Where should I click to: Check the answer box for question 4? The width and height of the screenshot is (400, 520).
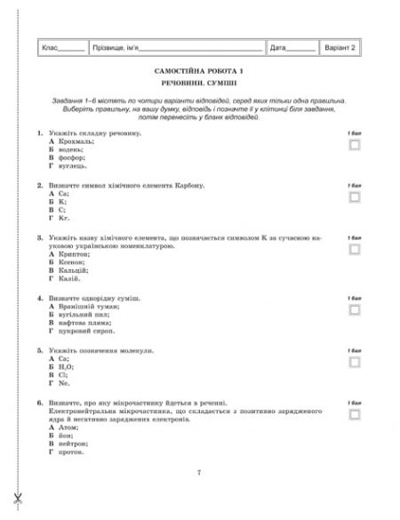pyautogui.click(x=355, y=309)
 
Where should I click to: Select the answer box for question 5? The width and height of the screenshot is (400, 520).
pyautogui.click(x=355, y=362)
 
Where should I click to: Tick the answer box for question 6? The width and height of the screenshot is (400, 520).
pyautogui.click(x=355, y=414)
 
